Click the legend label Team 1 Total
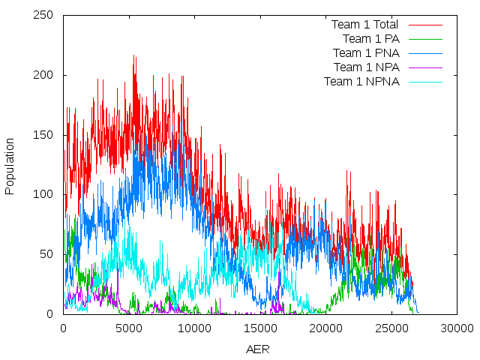(x=364, y=25)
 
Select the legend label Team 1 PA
(x=370, y=39)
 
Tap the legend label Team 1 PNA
(x=366, y=53)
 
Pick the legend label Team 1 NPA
(x=366, y=67)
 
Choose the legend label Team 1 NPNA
(x=361, y=82)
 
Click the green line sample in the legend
(x=425, y=39)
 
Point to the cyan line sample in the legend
(x=425, y=82)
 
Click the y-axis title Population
(x=10, y=166)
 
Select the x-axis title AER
(x=259, y=349)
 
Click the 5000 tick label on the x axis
(x=129, y=328)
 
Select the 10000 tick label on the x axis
(x=194, y=328)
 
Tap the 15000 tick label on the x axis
(x=260, y=328)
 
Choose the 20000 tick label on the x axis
(x=325, y=328)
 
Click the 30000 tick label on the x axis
(x=457, y=328)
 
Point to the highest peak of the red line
(x=133, y=56)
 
